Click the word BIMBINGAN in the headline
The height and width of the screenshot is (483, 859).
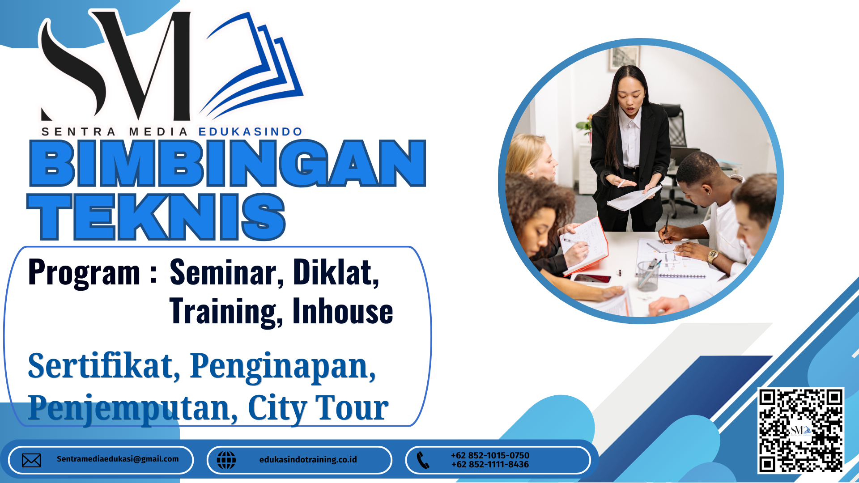[x=228, y=163]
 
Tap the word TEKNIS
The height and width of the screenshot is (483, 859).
[x=156, y=217]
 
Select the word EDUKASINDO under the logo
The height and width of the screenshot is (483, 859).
[x=251, y=131]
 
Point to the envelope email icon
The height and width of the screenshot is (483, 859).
[x=31, y=460]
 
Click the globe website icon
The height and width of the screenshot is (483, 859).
[x=226, y=460]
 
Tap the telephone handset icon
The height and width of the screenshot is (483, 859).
[x=423, y=460]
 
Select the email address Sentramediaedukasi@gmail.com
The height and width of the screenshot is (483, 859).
[x=118, y=459]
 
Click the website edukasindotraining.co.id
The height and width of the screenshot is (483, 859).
[x=308, y=459]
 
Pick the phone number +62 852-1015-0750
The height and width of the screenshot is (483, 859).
[x=490, y=455]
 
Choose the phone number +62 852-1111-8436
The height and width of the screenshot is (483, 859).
[x=490, y=465]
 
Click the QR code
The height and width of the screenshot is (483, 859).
[x=801, y=431]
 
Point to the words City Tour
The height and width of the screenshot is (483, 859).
[x=318, y=408]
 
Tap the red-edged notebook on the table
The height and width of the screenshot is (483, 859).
[x=584, y=246]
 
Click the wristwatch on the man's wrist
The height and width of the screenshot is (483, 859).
[x=712, y=256]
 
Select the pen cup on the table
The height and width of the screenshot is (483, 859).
[x=648, y=275]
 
